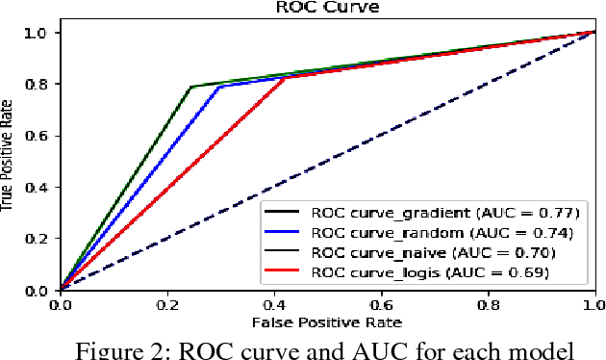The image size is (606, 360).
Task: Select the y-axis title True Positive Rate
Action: (x=9, y=161)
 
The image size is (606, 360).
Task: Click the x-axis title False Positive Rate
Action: (x=327, y=321)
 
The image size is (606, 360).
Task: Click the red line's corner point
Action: (x=286, y=77)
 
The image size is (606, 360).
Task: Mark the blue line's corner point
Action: (x=221, y=87)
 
